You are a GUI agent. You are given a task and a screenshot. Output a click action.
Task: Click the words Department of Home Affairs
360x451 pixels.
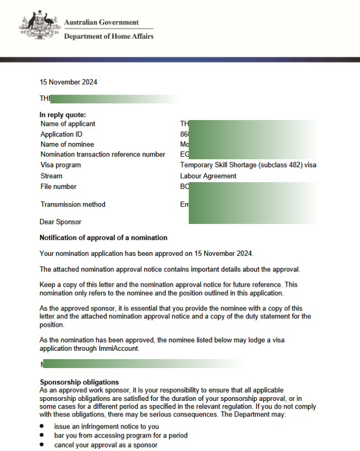109,36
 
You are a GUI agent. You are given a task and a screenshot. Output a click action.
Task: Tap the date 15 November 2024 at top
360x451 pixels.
68,82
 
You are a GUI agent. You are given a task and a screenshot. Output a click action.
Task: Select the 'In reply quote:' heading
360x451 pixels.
63,115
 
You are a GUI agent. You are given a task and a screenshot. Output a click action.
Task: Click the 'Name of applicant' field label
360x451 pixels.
68,124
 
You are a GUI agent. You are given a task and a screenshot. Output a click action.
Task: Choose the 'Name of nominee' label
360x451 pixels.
67,144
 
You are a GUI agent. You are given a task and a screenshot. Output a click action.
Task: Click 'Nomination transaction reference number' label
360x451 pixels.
103,154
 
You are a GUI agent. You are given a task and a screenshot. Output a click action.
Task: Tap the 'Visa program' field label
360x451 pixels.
61,165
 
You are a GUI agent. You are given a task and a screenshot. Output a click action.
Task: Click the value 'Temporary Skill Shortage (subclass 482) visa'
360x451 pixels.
248,165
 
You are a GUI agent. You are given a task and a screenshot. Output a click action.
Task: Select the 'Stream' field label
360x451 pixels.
51,176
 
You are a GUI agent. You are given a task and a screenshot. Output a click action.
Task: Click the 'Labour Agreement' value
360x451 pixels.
208,176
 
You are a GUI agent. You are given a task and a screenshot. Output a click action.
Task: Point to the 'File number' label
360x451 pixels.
59,186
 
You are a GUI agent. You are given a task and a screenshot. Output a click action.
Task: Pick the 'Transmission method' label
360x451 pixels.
73,204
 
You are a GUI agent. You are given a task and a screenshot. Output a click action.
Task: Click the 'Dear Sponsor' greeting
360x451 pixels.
61,222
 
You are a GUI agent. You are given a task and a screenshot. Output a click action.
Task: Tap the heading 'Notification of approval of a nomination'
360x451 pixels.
103,238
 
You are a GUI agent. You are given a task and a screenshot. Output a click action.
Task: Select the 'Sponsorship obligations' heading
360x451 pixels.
79,382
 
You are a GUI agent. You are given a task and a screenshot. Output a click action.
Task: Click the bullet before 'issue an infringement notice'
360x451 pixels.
42,426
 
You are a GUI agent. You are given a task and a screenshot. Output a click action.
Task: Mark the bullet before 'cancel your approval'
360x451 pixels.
42,445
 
